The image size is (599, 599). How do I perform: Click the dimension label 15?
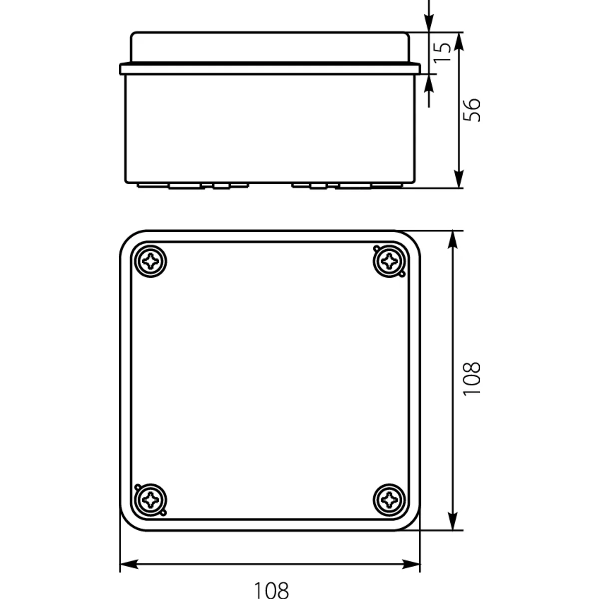[x=443, y=52]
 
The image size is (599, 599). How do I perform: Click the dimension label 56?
[x=471, y=110]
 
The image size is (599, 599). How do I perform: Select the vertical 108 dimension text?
[x=471, y=379]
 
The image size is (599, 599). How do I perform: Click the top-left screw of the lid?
[x=150, y=261]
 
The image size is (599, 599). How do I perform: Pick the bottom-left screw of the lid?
[x=150, y=500]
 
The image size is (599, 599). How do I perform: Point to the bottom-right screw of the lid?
[x=389, y=500]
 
